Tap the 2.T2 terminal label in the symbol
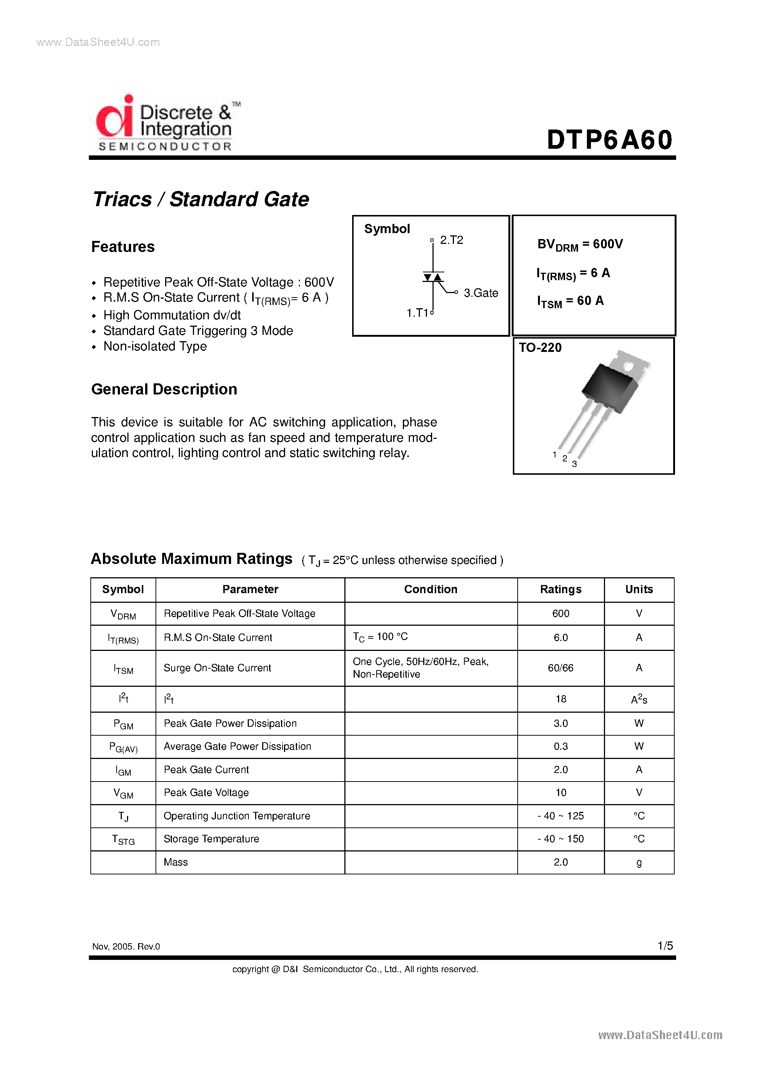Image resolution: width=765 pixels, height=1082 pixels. [x=451, y=240]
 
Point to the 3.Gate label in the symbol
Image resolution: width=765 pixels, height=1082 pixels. [x=481, y=293]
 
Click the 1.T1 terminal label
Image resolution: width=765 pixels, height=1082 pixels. [x=417, y=313]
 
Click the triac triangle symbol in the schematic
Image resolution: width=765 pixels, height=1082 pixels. [x=433, y=277]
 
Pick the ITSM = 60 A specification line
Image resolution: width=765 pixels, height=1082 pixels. [x=570, y=301]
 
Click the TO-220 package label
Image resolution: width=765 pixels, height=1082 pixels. [x=540, y=348]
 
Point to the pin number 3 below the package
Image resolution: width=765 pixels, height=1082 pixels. [x=574, y=464]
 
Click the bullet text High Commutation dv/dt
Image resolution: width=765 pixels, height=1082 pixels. [x=172, y=315]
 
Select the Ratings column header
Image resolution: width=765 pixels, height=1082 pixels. [x=560, y=589]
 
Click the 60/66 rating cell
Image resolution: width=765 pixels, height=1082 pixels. [x=560, y=668]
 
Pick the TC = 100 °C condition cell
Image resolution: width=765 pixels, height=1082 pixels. [x=380, y=637]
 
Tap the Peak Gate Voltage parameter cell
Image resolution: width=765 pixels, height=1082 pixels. [x=206, y=793]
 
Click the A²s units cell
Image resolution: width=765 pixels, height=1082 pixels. [x=639, y=699]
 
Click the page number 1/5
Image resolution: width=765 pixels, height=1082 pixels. [x=665, y=946]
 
